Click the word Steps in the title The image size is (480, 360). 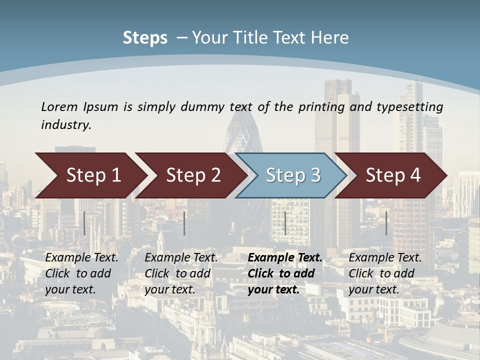tap(145, 37)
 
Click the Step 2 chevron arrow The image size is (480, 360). tap(190, 175)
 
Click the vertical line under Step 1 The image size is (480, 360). tap(84, 223)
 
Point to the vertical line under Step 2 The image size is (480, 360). tap(184, 223)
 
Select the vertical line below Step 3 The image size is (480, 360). tap(285, 223)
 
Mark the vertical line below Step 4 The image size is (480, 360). tap(386, 223)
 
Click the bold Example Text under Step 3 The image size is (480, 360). tap(285, 258)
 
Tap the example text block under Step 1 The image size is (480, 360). tap(81, 273)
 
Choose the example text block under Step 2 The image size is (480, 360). tap(181, 273)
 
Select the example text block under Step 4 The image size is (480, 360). tap(385, 273)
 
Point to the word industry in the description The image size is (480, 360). tap(66, 125)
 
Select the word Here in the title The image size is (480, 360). tap(329, 37)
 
